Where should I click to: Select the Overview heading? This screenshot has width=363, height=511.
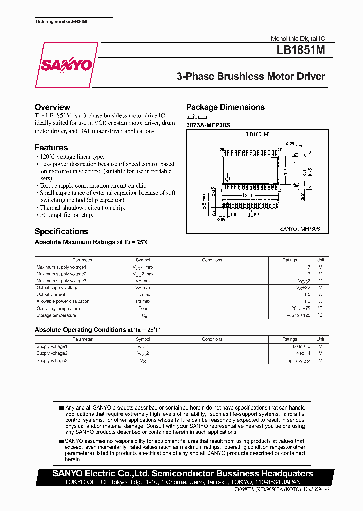coord(52,107)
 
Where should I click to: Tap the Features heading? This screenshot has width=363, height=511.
coord(51,148)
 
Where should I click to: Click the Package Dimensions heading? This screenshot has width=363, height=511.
coord(225,107)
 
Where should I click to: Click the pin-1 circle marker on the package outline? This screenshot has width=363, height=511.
coord(228,179)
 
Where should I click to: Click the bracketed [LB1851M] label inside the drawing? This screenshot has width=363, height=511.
coord(257,135)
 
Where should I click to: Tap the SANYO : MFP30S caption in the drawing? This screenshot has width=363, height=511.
coord(300,229)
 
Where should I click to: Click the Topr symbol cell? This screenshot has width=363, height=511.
coord(143,309)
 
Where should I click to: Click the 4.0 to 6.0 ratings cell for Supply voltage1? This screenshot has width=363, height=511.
coord(289,347)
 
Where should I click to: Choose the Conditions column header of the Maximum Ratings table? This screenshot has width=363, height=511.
coord(212,260)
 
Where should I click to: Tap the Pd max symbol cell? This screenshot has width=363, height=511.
coord(143,301)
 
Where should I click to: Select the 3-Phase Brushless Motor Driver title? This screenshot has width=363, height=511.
coord(251,77)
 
